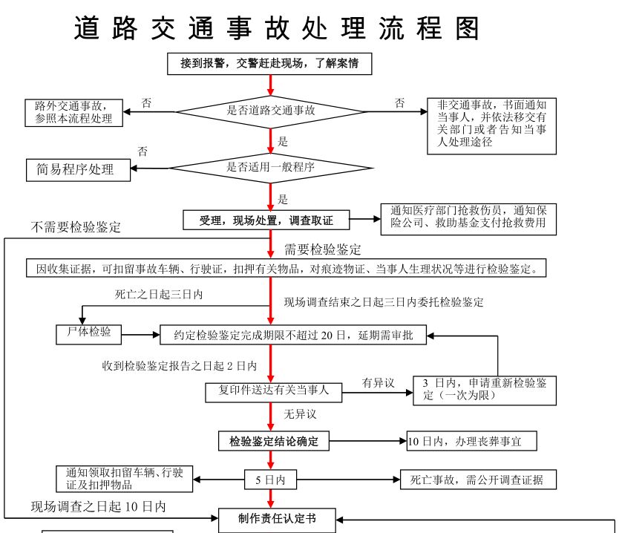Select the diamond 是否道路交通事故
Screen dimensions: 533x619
tap(271, 110)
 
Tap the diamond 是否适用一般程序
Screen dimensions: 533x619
tap(271, 167)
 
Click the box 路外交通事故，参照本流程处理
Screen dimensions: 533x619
tap(73, 112)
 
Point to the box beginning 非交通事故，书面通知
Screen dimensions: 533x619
tap(492, 125)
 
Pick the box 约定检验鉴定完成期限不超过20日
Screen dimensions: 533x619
tap(294, 335)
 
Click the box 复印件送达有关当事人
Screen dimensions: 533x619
tap(272, 390)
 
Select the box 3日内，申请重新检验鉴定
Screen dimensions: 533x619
tap(485, 389)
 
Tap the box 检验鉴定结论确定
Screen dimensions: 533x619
tap(273, 441)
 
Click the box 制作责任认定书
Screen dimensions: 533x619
tap(277, 519)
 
